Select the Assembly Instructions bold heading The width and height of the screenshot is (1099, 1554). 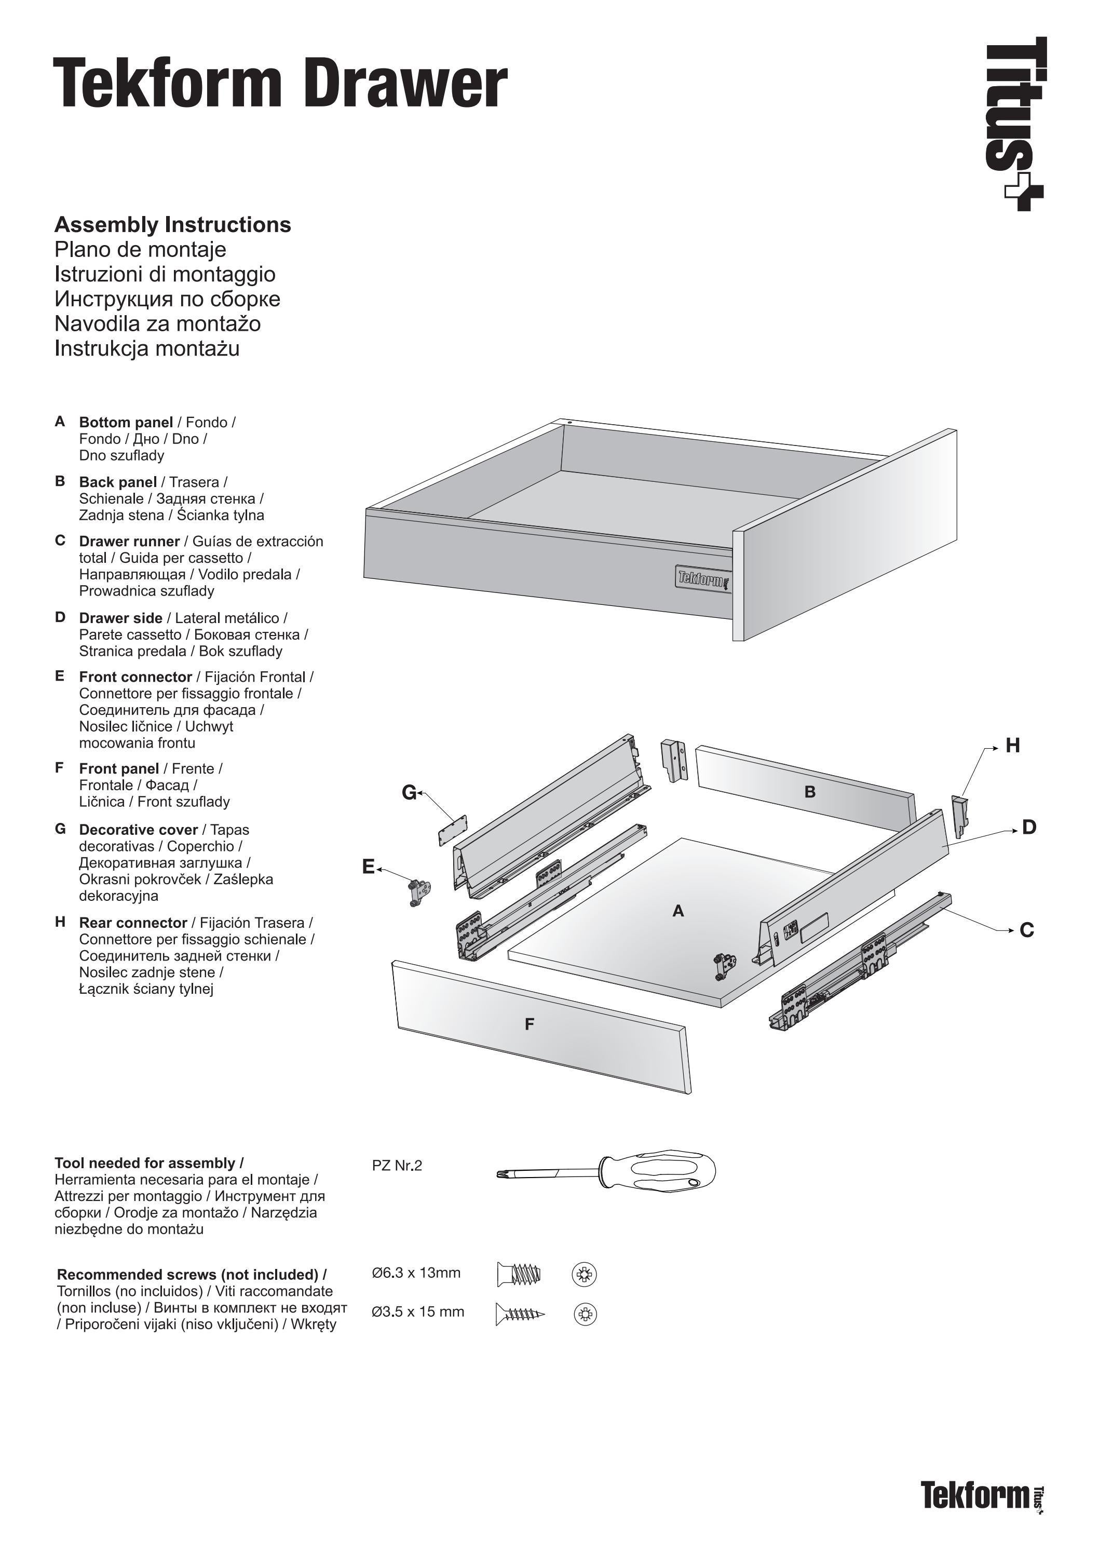point(172,225)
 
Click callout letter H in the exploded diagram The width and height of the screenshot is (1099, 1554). point(1012,746)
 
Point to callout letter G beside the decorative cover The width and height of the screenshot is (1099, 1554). point(409,792)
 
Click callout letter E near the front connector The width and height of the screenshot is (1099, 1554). point(368,867)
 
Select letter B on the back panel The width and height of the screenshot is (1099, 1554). point(809,792)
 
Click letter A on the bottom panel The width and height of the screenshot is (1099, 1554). point(678,912)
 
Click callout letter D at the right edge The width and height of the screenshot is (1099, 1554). point(1028,827)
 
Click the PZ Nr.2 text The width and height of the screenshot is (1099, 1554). point(397,1166)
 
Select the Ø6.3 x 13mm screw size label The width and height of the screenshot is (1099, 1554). point(416,1273)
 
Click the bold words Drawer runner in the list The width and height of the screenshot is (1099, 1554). point(129,542)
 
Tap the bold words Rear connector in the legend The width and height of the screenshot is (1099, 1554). point(133,923)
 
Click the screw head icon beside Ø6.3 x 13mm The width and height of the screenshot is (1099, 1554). point(584,1275)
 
